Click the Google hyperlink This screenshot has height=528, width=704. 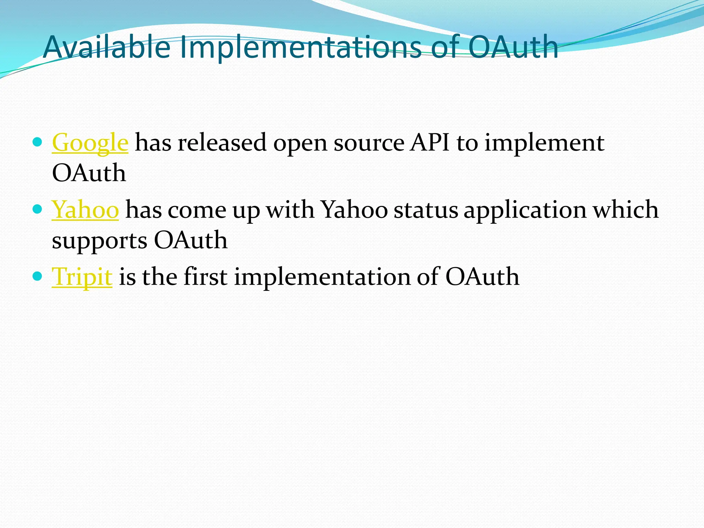(x=90, y=143)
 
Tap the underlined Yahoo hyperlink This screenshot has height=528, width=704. (x=85, y=210)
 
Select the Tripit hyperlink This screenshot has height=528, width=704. (x=82, y=277)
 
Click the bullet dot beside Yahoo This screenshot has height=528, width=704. (x=37, y=209)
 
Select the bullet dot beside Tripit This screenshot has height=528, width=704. (x=37, y=276)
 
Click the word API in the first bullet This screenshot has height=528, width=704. (x=430, y=142)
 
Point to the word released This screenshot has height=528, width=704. (x=222, y=142)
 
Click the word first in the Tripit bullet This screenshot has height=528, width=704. (x=206, y=276)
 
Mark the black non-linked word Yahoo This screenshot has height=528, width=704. (x=354, y=210)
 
